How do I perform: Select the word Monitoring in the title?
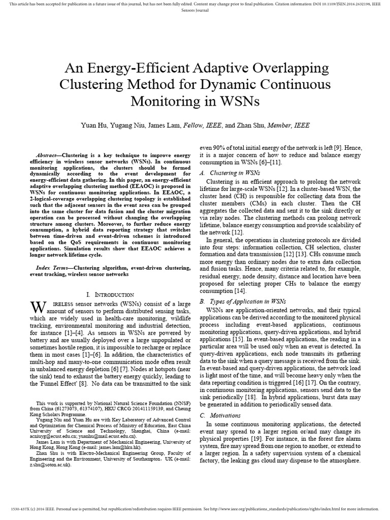(x=163, y=101)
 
